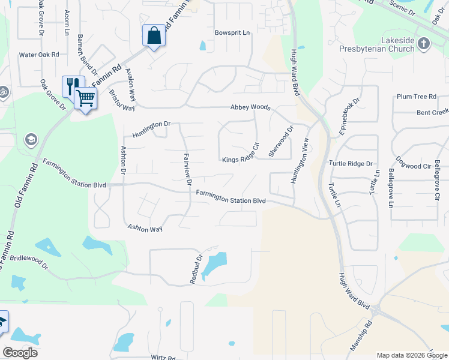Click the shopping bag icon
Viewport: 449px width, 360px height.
(x=154, y=35)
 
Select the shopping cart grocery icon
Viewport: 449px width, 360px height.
(x=86, y=97)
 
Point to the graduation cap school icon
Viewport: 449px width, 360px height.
(x=30, y=140)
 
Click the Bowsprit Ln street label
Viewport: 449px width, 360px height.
(x=232, y=32)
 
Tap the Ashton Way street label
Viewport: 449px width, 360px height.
(x=145, y=229)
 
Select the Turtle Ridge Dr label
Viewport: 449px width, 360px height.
(x=351, y=163)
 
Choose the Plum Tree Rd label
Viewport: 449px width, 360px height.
(x=416, y=97)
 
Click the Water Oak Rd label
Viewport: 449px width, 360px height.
(x=38, y=55)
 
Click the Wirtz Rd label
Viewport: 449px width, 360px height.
(x=163, y=357)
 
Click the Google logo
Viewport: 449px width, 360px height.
(x=20, y=353)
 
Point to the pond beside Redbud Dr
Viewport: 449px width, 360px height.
(x=214, y=263)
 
